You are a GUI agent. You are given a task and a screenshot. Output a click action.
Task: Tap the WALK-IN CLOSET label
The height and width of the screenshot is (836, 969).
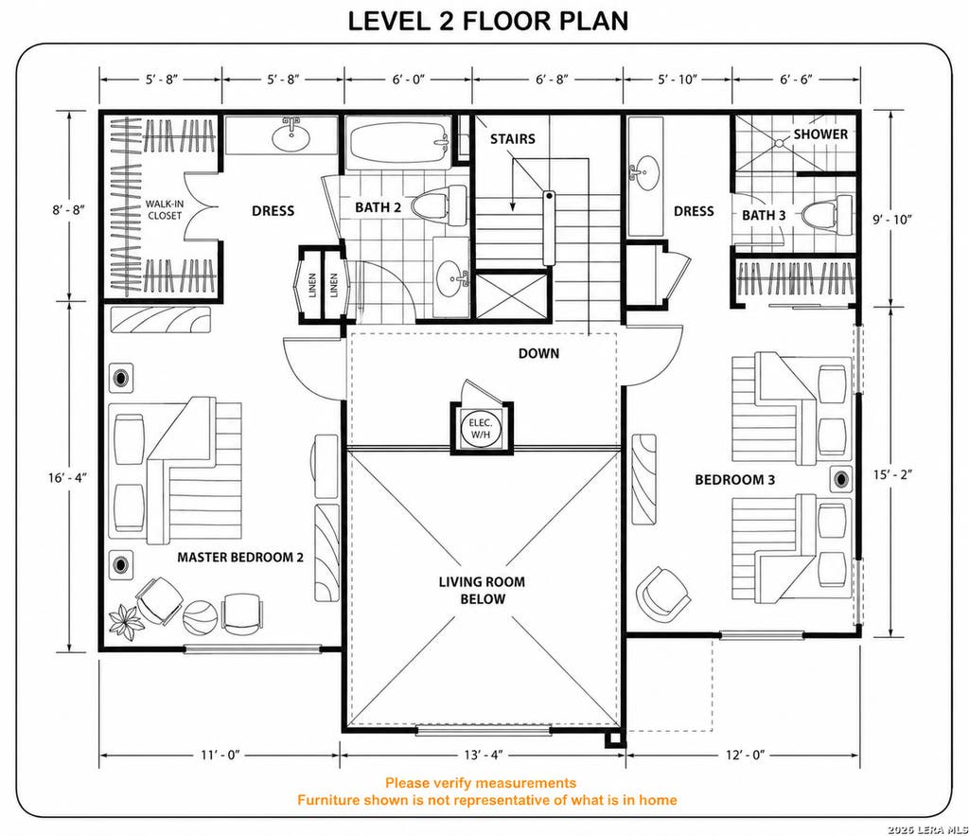(165, 209)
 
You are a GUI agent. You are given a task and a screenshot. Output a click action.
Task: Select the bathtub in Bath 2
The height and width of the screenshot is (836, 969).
(398, 143)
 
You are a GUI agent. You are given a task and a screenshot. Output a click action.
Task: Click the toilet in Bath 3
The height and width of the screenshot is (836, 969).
(827, 215)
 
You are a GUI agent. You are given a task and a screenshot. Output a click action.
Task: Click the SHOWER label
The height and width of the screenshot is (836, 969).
(820, 133)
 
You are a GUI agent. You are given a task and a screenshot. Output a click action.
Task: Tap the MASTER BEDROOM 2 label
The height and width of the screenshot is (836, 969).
(240, 557)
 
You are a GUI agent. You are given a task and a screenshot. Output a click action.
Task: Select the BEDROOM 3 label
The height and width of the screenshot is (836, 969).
(734, 480)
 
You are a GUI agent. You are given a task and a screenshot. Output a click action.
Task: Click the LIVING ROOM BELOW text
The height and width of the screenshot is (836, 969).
(482, 590)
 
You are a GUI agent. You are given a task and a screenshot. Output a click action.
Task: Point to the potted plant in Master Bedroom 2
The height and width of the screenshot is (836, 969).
(126, 622)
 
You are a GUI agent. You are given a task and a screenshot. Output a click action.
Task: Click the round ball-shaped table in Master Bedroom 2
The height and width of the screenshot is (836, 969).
(201, 616)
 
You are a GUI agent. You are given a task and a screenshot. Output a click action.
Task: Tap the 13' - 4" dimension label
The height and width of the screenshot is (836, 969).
(484, 755)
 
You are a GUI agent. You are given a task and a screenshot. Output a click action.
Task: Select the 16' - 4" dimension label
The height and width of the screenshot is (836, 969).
(68, 477)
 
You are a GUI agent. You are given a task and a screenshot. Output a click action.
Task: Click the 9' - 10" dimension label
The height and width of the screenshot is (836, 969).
(892, 219)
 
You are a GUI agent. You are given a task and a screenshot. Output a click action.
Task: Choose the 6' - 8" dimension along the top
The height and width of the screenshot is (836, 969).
(552, 80)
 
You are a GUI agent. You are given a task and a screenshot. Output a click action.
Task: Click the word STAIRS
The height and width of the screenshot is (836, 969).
(513, 139)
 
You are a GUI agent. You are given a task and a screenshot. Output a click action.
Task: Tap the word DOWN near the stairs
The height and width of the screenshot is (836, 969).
(538, 353)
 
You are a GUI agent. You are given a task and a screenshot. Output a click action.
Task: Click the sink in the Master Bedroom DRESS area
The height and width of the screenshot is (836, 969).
(291, 136)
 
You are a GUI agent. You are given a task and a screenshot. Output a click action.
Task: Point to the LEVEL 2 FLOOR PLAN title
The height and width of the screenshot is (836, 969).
(488, 21)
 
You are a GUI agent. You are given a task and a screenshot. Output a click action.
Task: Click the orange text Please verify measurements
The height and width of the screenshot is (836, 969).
(481, 783)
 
